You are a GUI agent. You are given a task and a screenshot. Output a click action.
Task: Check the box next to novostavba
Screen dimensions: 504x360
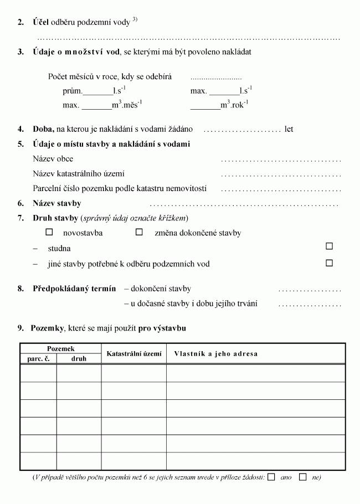click(x=49, y=233)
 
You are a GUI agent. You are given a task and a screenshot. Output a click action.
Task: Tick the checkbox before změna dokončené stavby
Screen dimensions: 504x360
click(x=140, y=233)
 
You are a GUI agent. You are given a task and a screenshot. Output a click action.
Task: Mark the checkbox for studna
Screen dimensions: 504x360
click(x=330, y=246)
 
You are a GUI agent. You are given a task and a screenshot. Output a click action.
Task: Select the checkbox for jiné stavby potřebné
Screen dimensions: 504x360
click(x=330, y=263)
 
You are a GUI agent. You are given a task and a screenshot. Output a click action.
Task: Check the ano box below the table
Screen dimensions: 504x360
click(x=271, y=477)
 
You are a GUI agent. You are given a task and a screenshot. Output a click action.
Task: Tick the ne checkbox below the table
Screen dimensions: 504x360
click(x=302, y=477)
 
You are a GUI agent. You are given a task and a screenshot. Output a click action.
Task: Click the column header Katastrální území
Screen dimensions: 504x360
click(x=133, y=353)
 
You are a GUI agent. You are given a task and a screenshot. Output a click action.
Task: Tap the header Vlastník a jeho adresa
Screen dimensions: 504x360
click(x=216, y=353)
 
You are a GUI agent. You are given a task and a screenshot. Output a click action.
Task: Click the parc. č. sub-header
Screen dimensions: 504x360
click(x=38, y=358)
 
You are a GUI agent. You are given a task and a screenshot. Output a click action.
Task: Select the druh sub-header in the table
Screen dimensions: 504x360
click(x=79, y=358)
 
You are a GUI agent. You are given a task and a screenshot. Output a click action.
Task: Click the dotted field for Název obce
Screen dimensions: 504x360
click(x=281, y=160)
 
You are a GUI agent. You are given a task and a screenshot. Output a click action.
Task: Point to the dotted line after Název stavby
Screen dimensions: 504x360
click(x=244, y=204)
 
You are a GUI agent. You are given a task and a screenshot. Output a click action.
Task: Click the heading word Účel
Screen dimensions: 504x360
click(x=41, y=22)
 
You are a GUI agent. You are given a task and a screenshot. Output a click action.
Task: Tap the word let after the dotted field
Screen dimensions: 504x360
click(x=289, y=129)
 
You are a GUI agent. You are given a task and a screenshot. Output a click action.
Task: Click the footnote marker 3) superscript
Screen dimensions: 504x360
click(x=135, y=20)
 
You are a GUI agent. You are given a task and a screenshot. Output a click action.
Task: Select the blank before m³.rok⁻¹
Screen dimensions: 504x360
click(x=205, y=106)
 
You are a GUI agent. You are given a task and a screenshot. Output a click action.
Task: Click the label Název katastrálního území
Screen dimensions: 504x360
click(x=79, y=173)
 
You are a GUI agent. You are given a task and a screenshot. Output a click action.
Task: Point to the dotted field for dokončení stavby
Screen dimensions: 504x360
click(x=310, y=290)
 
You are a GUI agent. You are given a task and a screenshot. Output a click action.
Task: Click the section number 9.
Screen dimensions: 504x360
click(x=20, y=328)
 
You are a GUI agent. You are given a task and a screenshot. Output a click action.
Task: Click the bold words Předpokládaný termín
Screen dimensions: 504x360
click(x=74, y=289)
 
